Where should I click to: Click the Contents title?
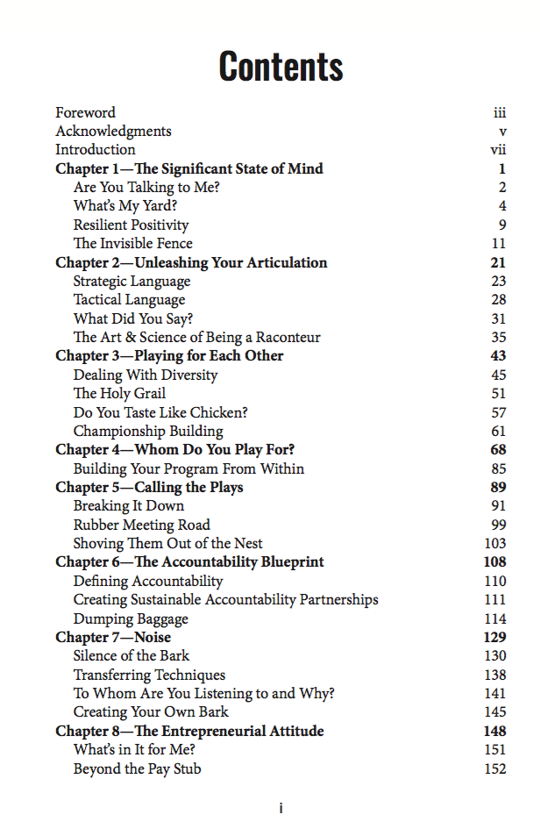point(281,66)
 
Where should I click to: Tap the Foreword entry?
point(85,112)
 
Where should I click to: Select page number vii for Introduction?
point(498,150)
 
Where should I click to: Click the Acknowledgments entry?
point(113,132)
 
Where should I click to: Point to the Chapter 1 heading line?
point(189,168)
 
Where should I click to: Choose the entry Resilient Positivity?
point(131,225)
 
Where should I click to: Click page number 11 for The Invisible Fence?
point(499,244)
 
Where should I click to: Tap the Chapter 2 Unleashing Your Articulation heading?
point(191,262)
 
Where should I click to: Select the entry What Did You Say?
point(132,318)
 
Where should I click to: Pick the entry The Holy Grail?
point(119,394)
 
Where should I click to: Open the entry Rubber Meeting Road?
point(141,525)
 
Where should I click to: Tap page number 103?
point(495,544)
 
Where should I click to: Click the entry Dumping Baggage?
point(131,618)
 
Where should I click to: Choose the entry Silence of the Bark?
point(131,656)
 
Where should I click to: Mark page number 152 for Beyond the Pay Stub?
point(495,769)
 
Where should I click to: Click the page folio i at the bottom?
point(281,808)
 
